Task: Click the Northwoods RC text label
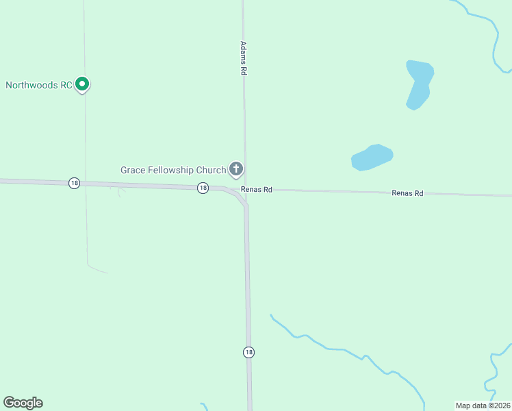coord(39,86)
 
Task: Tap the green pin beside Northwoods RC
coord(82,84)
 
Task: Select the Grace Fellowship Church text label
coord(173,170)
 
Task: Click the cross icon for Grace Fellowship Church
coord(236,169)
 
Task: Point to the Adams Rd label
coord(243,58)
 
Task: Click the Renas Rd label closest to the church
coord(257,190)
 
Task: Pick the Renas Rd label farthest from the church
coord(407,193)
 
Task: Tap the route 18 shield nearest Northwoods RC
coord(74,183)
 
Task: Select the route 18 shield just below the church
coord(203,188)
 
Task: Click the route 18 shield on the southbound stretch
coord(248,352)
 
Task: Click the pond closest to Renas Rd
coord(372,157)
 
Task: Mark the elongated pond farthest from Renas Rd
coord(418,84)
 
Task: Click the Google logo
coord(23,403)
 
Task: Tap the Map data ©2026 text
coord(483,406)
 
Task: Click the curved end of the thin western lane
coord(96,269)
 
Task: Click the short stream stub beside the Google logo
coord(203,406)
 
